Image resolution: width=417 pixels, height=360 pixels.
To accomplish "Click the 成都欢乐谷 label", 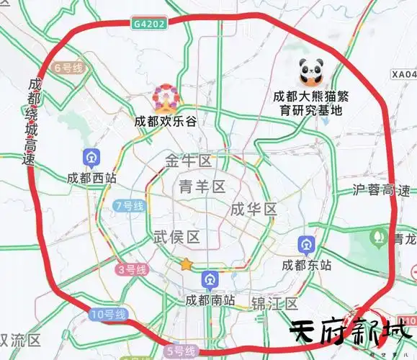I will [165, 121].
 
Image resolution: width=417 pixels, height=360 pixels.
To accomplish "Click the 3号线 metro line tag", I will [132, 269].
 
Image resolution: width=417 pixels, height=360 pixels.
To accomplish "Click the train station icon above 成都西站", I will [91, 157].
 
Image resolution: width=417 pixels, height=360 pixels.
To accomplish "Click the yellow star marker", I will [187, 264].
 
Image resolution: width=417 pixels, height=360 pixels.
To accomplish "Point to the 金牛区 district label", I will [188, 160].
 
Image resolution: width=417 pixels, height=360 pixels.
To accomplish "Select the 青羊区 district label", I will [202, 187].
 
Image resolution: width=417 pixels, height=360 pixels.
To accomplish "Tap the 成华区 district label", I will [254, 210].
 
